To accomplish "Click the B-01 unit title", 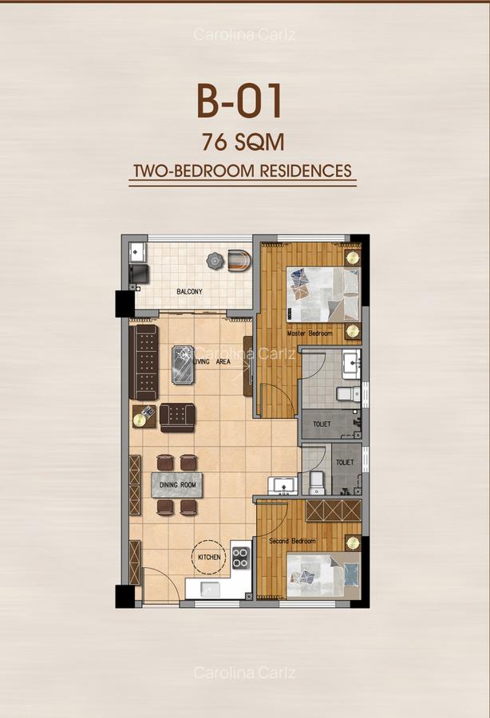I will (x=239, y=104).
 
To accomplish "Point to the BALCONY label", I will (x=189, y=292).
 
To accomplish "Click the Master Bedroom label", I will (x=310, y=333).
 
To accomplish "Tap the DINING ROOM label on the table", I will (x=176, y=484).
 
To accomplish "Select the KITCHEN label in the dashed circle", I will (x=209, y=557).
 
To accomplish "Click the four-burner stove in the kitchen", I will (x=241, y=558).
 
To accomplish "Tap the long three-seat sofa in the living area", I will (x=144, y=361).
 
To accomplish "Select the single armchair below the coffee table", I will (x=177, y=417).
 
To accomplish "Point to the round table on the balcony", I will (x=214, y=260).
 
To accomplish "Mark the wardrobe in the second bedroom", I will (x=334, y=511).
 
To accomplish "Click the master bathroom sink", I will (x=351, y=365).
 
